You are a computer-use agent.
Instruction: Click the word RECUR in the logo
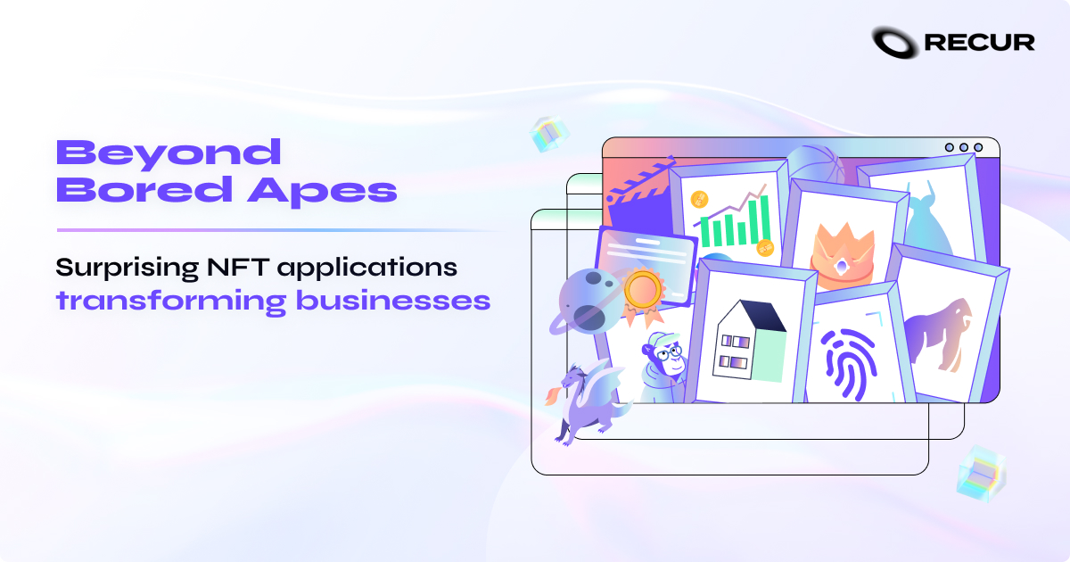tap(979, 41)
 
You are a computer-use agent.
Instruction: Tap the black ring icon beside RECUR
tap(895, 41)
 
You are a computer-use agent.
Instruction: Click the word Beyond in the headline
tap(169, 153)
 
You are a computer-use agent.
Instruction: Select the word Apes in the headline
tap(346, 192)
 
